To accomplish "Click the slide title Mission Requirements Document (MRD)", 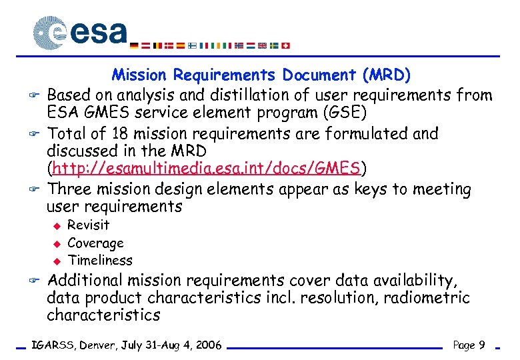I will click(x=261, y=75).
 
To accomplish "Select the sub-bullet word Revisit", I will click(x=89, y=225).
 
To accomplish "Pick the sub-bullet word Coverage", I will click(x=96, y=243).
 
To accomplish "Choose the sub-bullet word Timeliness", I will click(x=101, y=261).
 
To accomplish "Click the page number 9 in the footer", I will click(x=481, y=345).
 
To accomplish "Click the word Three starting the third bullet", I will click(x=70, y=190).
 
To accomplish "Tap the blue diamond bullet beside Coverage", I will click(x=57, y=243).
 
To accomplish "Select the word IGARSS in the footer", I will click(x=53, y=345).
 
